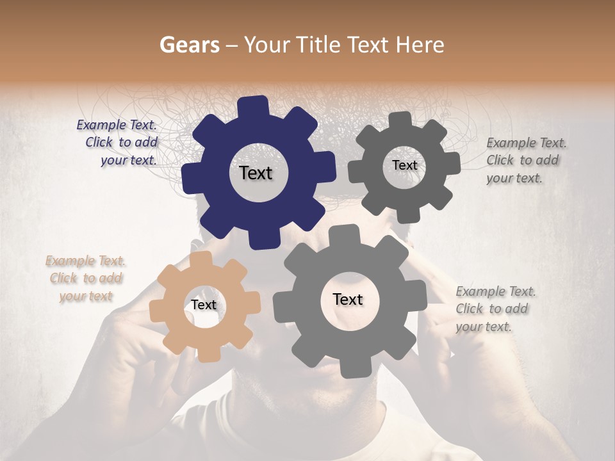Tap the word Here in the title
tap(420, 45)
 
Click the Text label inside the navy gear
tap(256, 173)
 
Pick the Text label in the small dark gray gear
tap(404, 165)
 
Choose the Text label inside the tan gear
tap(204, 305)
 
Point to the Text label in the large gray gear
tap(348, 299)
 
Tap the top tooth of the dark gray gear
tap(400, 120)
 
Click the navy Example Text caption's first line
tap(117, 125)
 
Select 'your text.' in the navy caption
tap(129, 160)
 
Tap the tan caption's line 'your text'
tap(86, 296)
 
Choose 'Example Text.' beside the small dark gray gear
tap(527, 143)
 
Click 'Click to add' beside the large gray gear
tap(492, 309)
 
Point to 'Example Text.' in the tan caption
tap(86, 261)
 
